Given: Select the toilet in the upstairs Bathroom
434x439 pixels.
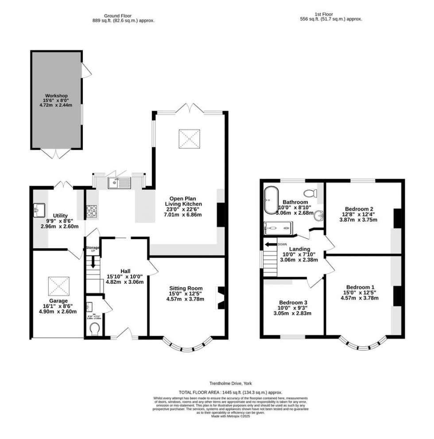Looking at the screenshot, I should coord(312,193).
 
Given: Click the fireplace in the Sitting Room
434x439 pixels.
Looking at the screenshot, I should coord(220,298).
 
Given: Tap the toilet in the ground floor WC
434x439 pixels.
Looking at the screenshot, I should coord(94,329).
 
